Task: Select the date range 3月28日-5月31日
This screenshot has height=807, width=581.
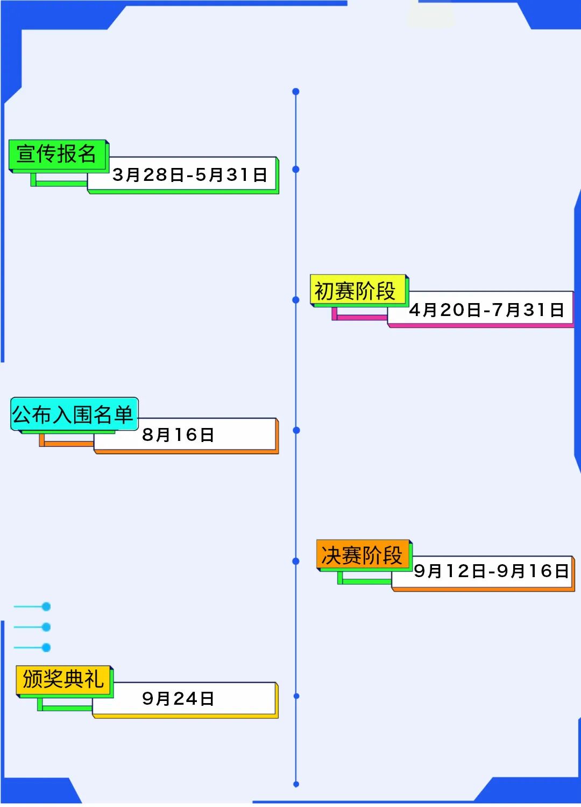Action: (189, 174)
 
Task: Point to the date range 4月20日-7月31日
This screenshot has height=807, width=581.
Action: (486, 310)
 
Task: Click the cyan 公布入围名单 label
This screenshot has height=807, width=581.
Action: (74, 415)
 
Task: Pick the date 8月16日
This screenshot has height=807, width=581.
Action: (178, 434)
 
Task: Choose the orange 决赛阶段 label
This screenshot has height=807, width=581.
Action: (363, 555)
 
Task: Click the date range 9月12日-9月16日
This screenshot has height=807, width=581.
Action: (490, 571)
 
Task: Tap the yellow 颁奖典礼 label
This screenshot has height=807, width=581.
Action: (63, 679)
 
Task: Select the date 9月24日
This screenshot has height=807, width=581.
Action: (178, 698)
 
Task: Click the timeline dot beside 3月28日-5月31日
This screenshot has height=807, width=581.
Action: (295, 170)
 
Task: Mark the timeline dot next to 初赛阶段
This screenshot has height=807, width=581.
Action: (295, 300)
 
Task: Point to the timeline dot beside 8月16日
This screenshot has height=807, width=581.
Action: (296, 431)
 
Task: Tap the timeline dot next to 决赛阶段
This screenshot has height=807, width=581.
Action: (295, 562)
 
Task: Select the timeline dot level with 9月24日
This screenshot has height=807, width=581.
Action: (296, 696)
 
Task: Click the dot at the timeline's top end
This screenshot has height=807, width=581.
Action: (295, 92)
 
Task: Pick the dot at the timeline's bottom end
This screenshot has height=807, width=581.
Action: (296, 784)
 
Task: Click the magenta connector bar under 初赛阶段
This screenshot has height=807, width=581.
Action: (359, 317)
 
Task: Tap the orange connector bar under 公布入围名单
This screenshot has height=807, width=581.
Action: (67, 443)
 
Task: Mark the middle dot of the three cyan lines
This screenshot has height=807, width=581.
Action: (46, 627)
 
